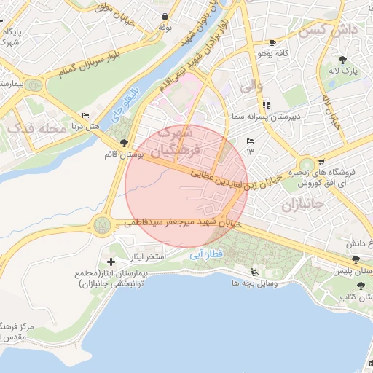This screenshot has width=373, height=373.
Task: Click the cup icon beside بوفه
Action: click(167, 16)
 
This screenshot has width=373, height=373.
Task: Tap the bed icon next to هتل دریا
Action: click(86, 115)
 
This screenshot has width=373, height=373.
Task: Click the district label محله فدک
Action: click(31, 129)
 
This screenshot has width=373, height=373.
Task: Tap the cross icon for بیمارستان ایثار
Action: click(111, 262)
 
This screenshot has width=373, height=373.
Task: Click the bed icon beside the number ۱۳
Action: click(251, 141)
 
